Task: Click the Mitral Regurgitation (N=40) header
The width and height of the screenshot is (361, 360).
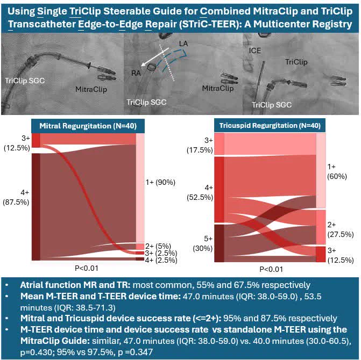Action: (x=88, y=126)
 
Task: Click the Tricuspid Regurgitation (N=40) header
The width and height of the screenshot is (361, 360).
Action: (x=270, y=126)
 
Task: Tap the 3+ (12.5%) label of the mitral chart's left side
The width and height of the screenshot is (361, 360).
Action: (x=17, y=143)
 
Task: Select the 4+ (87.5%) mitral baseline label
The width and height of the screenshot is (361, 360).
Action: (x=16, y=197)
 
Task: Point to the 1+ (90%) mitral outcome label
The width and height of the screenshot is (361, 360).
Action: (x=160, y=182)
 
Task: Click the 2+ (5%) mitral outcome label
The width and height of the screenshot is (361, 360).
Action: (x=158, y=246)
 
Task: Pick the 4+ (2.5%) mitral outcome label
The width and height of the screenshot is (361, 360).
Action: (x=161, y=260)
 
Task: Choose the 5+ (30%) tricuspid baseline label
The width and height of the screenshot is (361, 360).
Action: (x=203, y=244)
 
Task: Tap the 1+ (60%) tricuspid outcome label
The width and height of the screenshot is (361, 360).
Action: (x=337, y=171)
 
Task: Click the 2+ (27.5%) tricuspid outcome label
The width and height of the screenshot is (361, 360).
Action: (x=341, y=229)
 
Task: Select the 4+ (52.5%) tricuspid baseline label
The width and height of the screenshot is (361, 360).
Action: (x=200, y=193)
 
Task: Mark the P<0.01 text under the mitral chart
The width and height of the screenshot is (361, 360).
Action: (x=87, y=268)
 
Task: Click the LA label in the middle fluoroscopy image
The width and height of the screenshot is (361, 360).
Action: (x=183, y=44)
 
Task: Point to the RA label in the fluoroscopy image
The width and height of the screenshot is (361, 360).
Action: (x=136, y=73)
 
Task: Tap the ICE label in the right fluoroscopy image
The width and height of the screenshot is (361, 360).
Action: (x=255, y=51)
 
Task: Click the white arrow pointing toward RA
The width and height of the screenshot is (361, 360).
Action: (x=155, y=57)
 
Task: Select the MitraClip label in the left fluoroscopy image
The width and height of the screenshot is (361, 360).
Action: (x=91, y=89)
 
